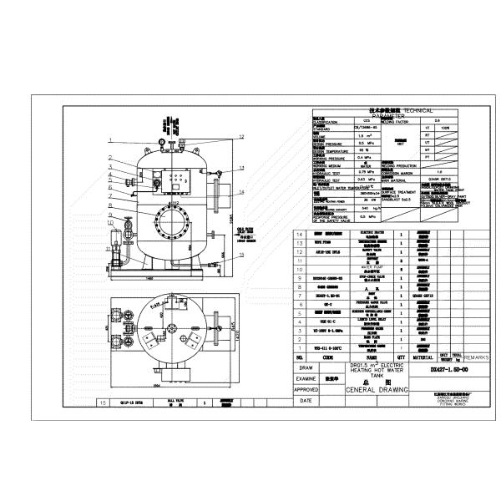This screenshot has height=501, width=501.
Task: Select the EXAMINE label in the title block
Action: [308, 377]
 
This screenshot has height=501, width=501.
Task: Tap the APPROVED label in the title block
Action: [308, 388]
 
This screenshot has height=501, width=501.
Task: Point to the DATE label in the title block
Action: [308, 400]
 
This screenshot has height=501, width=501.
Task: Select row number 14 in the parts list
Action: [299, 235]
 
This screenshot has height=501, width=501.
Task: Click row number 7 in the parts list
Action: [299, 295]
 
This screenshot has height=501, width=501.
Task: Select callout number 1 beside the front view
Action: [109, 156]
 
